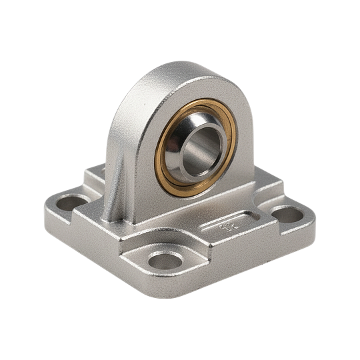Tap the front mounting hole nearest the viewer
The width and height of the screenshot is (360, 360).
click(163, 260)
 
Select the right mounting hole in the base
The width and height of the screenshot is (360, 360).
click(287, 214)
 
